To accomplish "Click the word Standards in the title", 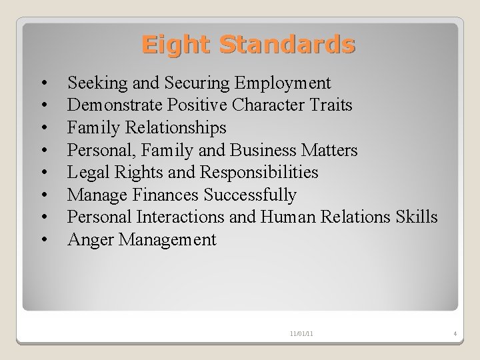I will coord(287,45).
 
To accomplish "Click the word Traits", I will coord(330,105).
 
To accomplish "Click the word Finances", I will coord(168,195).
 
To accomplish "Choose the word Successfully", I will coord(250,195).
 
